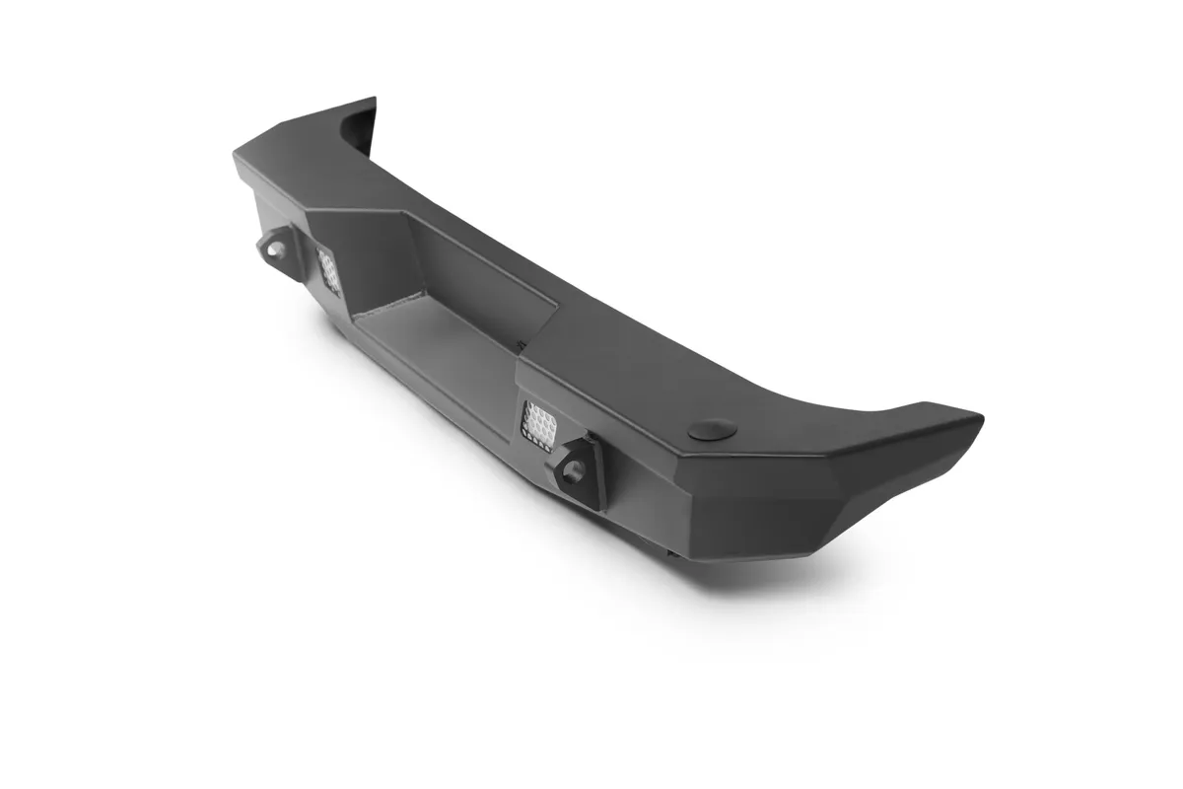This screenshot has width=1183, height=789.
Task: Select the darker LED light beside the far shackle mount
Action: (328, 268)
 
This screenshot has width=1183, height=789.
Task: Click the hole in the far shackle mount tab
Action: (271, 249)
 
